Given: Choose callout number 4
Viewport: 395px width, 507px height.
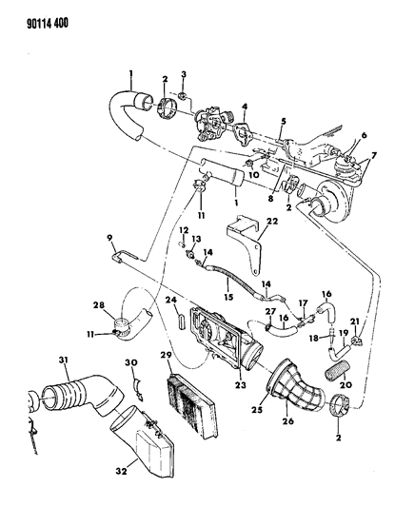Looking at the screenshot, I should click(245, 107).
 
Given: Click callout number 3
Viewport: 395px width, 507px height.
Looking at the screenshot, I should click(184, 74).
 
